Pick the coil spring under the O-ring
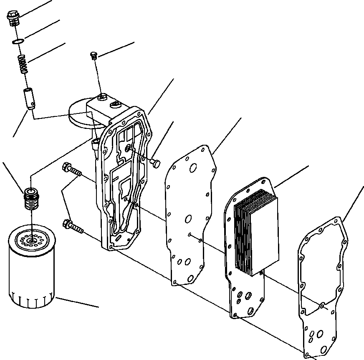pyautogui.click(x=23, y=64)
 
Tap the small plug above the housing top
pyautogui.click(x=94, y=55)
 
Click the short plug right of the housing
pyautogui.click(x=155, y=163)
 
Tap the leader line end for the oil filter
pyautogui.click(x=99, y=307)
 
